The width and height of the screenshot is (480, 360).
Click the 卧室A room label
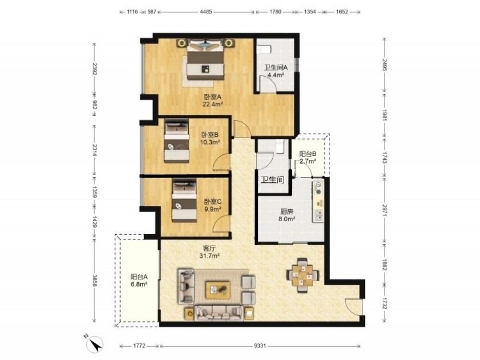pos(213,97)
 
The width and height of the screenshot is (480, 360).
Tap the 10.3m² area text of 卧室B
pos(210,142)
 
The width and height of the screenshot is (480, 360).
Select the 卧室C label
pos(213,202)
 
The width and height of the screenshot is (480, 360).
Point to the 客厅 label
pos(209,249)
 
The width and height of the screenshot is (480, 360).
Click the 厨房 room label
pos(287,212)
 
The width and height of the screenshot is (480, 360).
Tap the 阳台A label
pos(139,277)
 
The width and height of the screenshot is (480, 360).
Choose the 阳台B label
pos(308,154)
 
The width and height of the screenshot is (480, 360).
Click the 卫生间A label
pos(276,67)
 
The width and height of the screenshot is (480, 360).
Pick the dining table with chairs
pos(302,275)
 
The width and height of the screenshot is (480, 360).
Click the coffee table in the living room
pos(218,290)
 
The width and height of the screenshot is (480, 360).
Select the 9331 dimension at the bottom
pos(260,346)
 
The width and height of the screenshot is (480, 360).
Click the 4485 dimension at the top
pos(206,12)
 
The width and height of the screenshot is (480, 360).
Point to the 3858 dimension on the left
pos(95,280)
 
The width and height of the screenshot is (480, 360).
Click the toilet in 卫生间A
pos(264,49)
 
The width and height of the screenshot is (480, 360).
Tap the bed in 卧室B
pos(176,141)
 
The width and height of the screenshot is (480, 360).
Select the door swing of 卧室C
pos(221,223)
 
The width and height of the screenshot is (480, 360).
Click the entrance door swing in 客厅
pos(354,306)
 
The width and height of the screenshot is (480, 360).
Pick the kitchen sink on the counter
pos(319,215)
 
